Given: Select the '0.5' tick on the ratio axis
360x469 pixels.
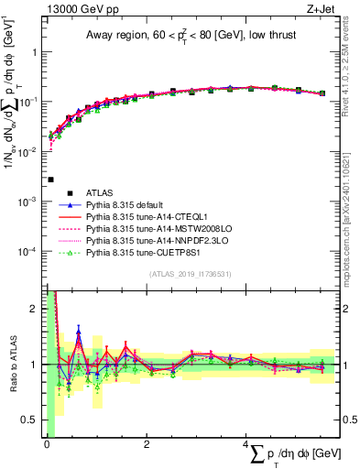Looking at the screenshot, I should (29, 420).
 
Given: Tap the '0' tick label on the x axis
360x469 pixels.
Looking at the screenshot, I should (46, 445).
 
